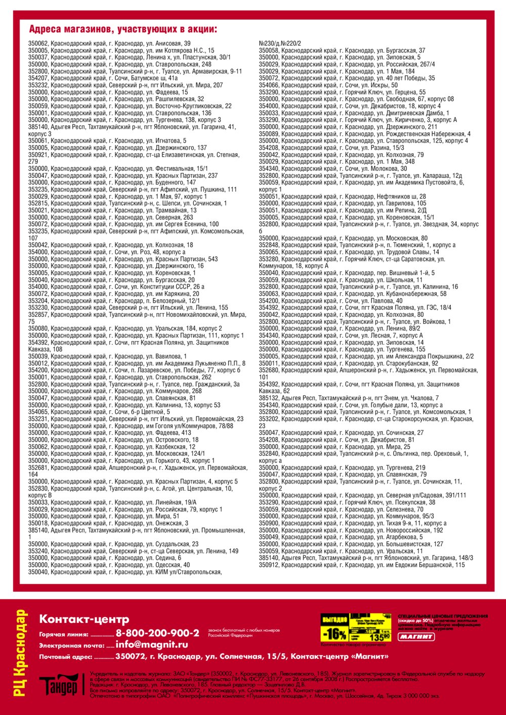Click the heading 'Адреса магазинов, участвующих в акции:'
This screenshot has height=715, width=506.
point(123,29)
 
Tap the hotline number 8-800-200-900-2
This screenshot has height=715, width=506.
point(157,633)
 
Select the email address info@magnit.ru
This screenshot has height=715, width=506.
point(151,645)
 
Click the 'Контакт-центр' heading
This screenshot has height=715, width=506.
point(84,619)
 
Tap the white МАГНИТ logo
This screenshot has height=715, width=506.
point(416,637)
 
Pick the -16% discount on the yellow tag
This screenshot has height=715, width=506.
point(335,634)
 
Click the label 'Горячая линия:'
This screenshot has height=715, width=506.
point(59,634)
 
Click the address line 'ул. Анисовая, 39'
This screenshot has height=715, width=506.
point(109,43)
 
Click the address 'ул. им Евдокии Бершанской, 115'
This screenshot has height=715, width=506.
point(362,565)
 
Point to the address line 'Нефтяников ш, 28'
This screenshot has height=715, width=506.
point(342,197)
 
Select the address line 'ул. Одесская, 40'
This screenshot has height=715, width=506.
point(109,565)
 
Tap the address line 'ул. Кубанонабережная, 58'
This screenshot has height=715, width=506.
point(353,294)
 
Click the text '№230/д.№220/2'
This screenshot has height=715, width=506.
point(280,43)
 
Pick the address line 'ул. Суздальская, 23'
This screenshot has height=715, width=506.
point(113,544)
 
